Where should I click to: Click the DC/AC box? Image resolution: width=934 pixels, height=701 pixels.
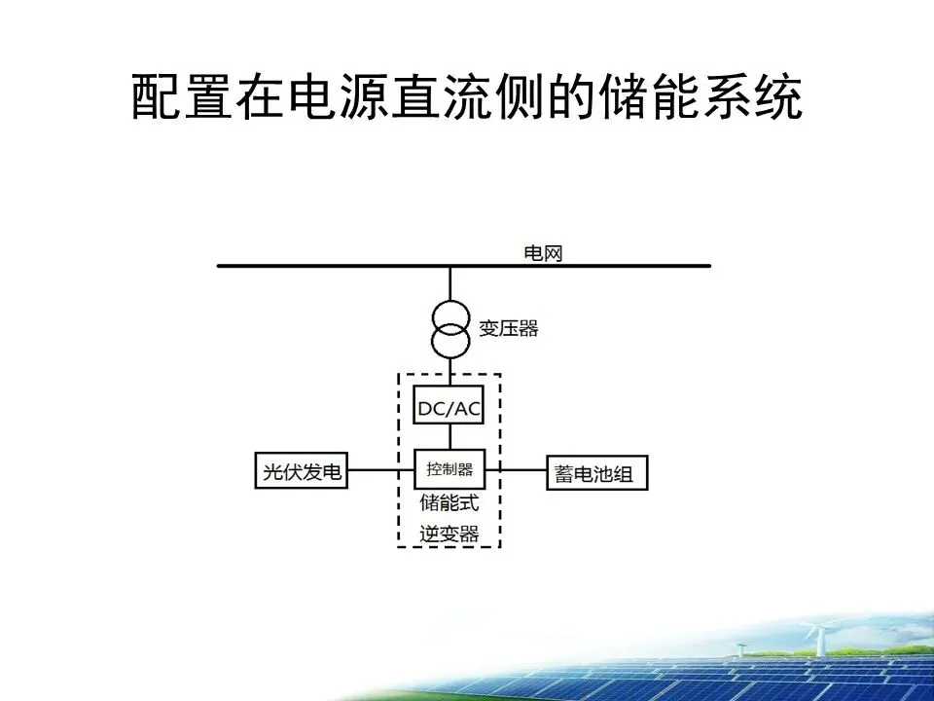tap(449, 408)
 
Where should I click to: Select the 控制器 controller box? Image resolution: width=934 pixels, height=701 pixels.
tap(449, 469)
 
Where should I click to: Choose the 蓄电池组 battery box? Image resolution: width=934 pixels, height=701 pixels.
tap(594, 474)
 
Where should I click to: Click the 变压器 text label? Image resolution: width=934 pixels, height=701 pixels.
tap(508, 328)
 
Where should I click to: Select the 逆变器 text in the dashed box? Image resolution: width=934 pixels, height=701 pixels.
tap(449, 533)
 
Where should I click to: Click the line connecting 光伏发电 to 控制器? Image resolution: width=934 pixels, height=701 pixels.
tap(379, 471)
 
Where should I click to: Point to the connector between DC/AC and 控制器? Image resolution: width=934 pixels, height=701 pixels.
tap(449, 437)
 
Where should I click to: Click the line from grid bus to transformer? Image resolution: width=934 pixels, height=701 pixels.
tap(449, 283)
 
